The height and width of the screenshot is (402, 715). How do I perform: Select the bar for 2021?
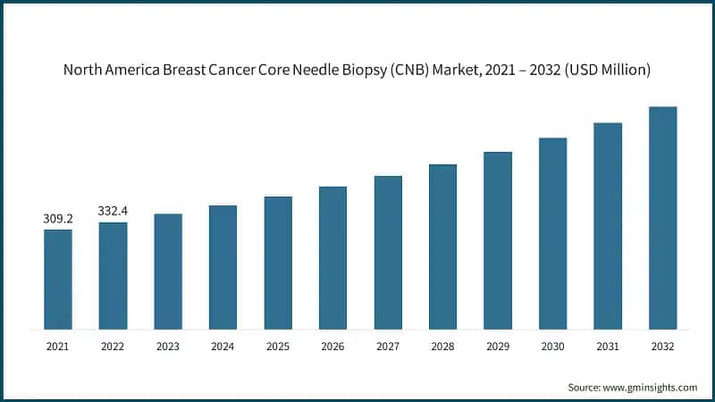58,280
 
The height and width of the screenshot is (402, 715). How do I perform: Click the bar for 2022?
113,276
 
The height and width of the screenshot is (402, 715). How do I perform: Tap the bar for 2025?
278,263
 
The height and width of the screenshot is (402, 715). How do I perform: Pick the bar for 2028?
442,247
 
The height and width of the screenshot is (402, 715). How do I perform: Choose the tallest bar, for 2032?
662,218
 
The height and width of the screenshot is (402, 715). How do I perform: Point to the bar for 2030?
552,233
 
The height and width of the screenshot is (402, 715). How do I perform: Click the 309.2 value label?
57,218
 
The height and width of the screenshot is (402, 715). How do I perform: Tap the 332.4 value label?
113,211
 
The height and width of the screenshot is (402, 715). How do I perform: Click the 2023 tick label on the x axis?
168,346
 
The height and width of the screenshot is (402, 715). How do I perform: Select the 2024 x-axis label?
223,346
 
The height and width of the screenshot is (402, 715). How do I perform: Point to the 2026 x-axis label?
332,346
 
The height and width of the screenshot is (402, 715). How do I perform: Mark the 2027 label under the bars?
388,346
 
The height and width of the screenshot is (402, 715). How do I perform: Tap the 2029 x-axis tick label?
498,346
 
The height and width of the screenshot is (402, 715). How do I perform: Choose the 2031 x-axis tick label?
608,346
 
